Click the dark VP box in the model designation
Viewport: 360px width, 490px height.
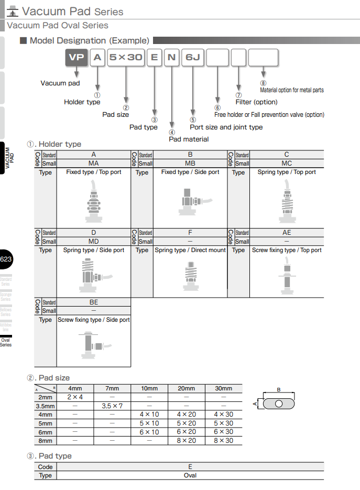point(76,57)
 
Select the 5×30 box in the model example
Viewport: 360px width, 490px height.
point(126,57)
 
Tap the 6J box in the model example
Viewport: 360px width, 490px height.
point(192,57)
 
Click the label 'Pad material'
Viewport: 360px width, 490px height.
point(189,139)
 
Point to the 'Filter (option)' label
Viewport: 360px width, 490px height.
point(256,102)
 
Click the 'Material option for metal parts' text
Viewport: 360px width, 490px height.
point(292,90)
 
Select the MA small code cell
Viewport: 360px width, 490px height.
point(94,163)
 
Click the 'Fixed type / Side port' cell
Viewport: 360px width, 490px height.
point(190,172)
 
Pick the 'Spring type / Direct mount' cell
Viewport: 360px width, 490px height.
point(190,250)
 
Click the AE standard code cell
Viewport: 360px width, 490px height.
point(287,233)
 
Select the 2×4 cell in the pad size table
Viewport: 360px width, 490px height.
point(75,397)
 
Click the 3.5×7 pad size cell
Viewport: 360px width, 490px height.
point(112,406)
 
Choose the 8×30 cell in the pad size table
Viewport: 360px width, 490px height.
point(224,441)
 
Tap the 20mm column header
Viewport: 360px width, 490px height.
point(187,388)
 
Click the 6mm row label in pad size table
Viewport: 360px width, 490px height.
point(45,432)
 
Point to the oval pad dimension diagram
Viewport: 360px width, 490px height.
point(279,403)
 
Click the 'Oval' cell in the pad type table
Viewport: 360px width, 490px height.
point(190,475)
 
